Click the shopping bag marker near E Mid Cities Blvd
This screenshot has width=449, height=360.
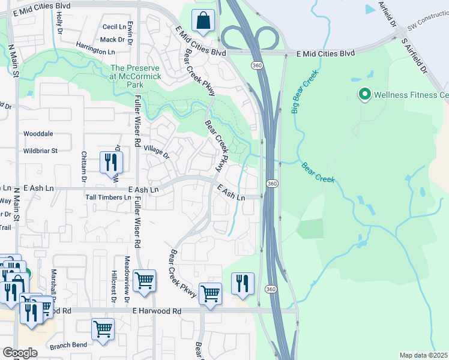[x=204, y=20]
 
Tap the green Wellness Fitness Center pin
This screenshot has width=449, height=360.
[x=364, y=95]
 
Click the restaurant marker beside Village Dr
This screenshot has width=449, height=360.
[x=111, y=162]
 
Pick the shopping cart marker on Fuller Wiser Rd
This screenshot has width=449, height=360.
[x=145, y=280]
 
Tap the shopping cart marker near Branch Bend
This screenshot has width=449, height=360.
[x=103, y=329]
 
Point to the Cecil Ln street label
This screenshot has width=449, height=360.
[x=114, y=27]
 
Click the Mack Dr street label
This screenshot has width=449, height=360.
[x=112, y=40]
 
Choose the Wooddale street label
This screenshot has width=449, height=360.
[x=38, y=134]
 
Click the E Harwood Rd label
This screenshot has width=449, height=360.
[x=157, y=311]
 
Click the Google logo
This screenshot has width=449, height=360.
[x=20, y=353]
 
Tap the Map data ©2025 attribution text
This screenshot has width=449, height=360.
[x=423, y=355]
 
